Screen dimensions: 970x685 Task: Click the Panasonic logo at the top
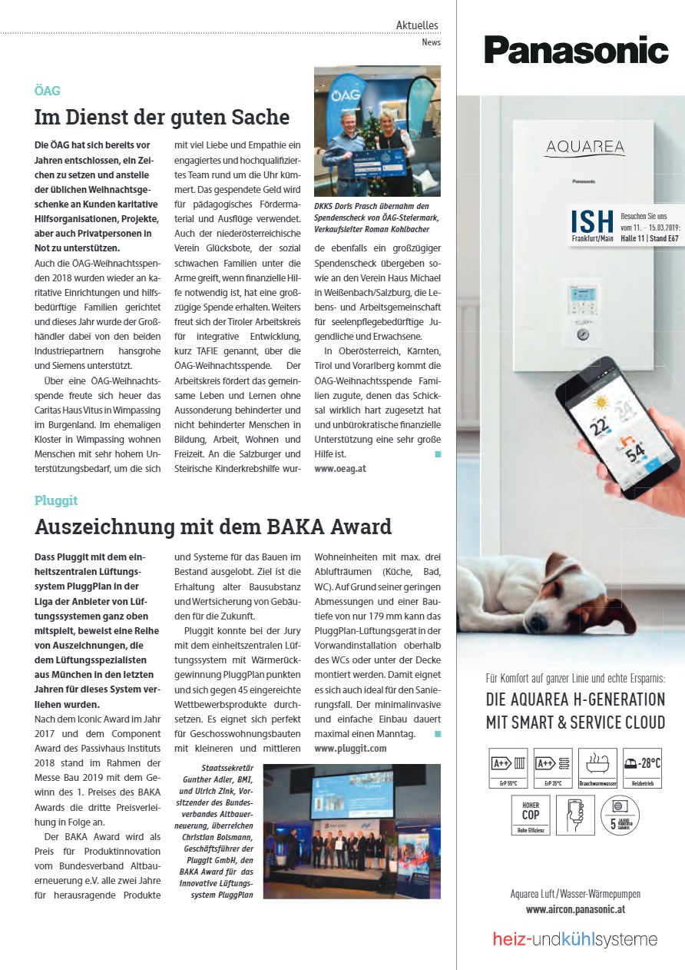(x=575, y=50)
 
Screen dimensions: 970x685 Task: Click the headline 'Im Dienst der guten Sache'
(x=162, y=117)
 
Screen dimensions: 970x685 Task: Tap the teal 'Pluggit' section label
(x=56, y=500)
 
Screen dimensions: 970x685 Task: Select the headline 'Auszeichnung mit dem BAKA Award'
(x=213, y=527)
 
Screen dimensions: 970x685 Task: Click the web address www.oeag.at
(x=340, y=467)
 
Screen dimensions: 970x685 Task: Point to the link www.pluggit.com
(x=350, y=748)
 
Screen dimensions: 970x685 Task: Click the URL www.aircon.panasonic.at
(x=575, y=909)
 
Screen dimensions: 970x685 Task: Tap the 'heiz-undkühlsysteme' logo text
(x=574, y=939)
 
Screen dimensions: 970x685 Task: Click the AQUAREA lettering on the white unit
(x=585, y=147)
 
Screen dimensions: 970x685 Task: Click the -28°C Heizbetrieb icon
(x=642, y=767)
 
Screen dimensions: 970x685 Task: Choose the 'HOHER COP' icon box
(x=531, y=815)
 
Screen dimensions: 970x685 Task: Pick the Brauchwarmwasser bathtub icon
(x=597, y=767)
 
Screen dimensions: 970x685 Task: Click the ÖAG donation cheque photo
(x=377, y=131)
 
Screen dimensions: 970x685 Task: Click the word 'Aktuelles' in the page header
(x=417, y=25)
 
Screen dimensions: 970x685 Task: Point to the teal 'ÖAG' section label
(x=47, y=91)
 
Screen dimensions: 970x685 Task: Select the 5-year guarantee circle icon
(x=619, y=815)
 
